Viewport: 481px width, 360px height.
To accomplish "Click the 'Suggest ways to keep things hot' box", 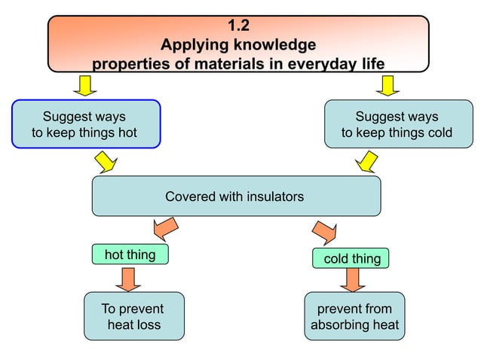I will point(86,124).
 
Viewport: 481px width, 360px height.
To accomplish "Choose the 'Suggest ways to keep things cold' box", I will point(397,124).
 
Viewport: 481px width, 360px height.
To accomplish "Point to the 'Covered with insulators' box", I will point(235,197).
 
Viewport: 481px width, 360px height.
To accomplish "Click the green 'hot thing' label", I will point(130,255).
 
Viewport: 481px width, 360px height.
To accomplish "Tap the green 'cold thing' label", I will point(351,258).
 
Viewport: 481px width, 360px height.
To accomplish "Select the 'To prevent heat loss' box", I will point(133,316).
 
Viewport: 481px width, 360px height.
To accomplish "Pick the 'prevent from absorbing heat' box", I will point(354,316).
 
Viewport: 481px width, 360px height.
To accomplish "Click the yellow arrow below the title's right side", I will point(388,85).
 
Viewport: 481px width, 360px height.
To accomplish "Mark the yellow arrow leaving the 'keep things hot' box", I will point(104,161).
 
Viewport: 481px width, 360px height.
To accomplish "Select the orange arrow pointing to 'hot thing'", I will point(164,227).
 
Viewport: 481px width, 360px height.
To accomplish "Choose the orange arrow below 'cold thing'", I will point(351,280).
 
